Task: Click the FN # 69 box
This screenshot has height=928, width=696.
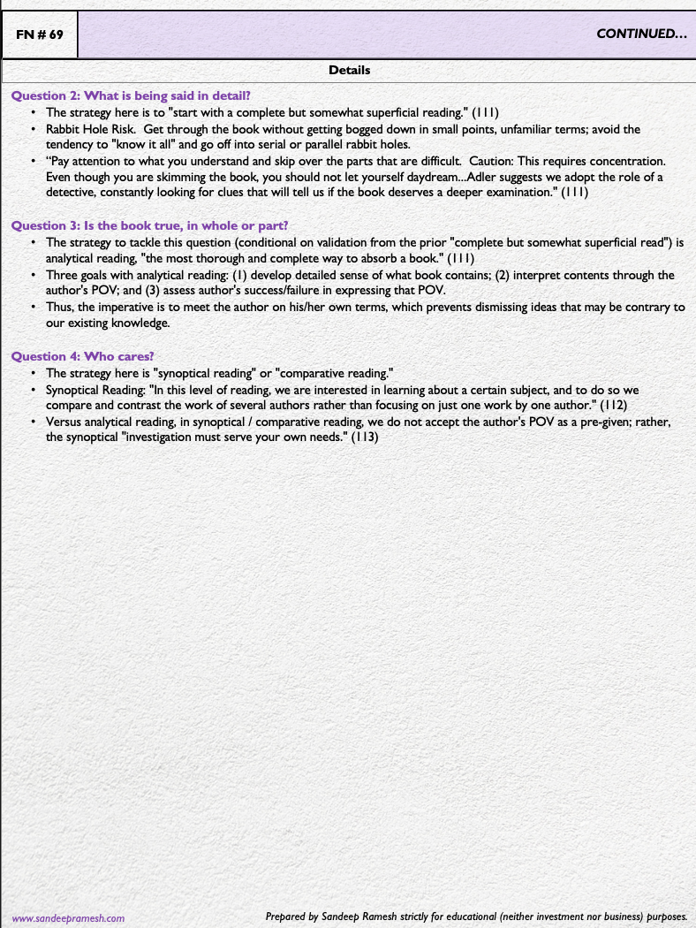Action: [39, 35]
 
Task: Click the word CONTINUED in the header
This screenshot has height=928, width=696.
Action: [641, 34]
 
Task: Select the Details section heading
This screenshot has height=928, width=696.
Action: [349, 70]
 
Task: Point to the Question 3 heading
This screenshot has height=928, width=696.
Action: [149, 225]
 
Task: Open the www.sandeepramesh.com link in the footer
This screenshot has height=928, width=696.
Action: [67, 918]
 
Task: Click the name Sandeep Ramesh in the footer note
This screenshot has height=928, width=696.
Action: [375, 917]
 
